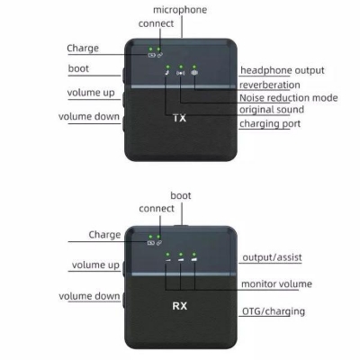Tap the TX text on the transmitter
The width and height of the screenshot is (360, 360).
pyautogui.click(x=178, y=118)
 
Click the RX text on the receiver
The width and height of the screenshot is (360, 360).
pyautogui.click(x=178, y=306)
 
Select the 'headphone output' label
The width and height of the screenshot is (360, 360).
pyautogui.click(x=282, y=71)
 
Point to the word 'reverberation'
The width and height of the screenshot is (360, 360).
pyautogui.click(x=272, y=85)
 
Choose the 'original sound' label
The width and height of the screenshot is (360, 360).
pyautogui.click(x=274, y=110)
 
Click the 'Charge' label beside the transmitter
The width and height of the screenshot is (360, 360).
pyautogui.click(x=83, y=48)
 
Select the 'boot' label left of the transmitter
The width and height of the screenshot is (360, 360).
pyautogui.click(x=78, y=69)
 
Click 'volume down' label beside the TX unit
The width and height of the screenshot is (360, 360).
pyautogui.click(x=89, y=117)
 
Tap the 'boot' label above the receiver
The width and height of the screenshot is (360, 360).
pyautogui.click(x=181, y=194)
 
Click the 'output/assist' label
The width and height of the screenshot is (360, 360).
pyautogui.click(x=272, y=258)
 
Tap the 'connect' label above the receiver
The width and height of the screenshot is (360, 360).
pyautogui.click(x=157, y=209)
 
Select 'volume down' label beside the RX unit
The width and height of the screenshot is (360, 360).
pyautogui.click(x=89, y=296)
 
